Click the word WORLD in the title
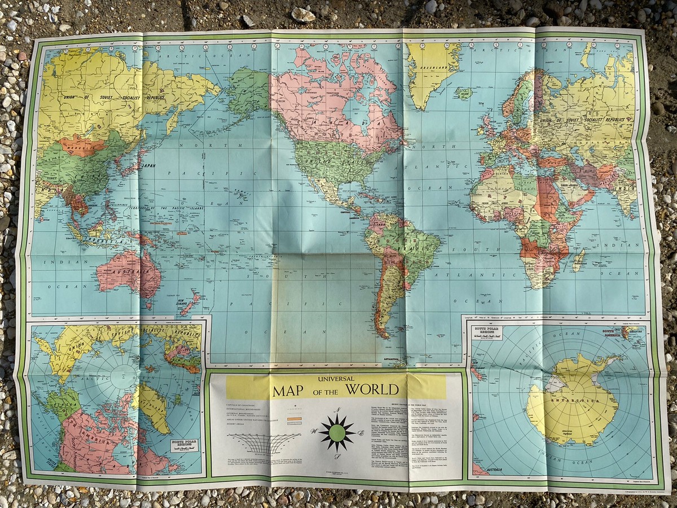(x=372, y=389)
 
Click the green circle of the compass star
(x=337, y=433)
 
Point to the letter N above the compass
(x=337, y=411)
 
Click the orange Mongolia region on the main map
(x=82, y=146)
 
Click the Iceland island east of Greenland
(x=464, y=93)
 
